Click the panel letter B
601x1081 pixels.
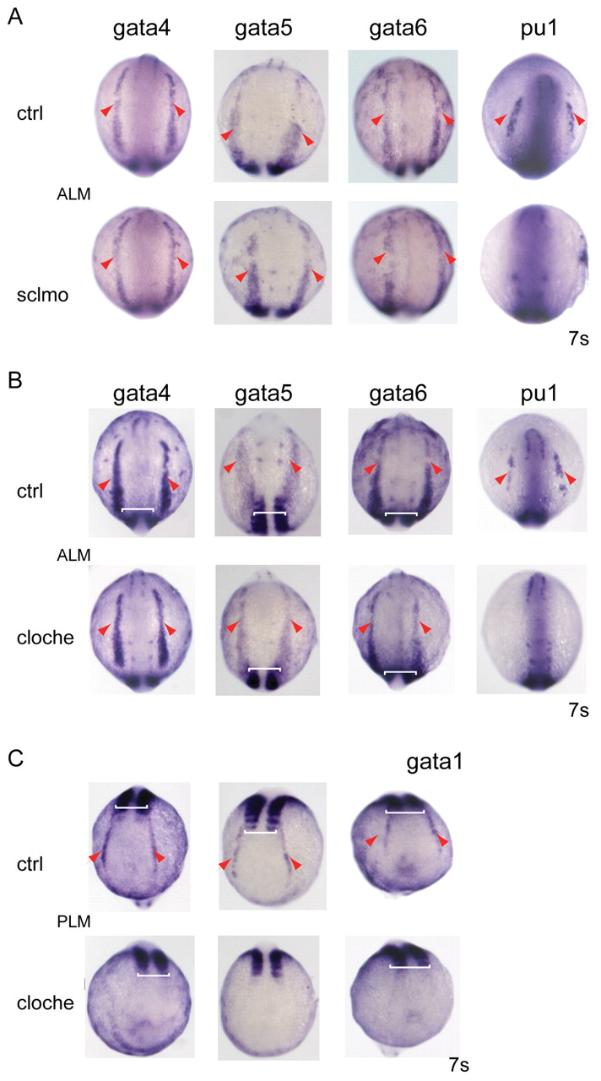tap(15, 380)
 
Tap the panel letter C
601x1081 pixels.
tap(16, 758)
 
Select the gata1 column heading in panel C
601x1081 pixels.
tap(434, 762)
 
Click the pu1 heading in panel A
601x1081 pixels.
tap(539, 29)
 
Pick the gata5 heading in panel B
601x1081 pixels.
tap(263, 394)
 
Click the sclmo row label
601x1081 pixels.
tap(42, 295)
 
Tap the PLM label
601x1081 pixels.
tap(73, 921)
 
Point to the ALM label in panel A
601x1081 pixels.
tap(73, 194)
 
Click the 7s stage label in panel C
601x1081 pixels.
tap(458, 1065)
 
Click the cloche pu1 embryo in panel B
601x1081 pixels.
tap(532, 630)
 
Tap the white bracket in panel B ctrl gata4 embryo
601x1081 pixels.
tap(138, 509)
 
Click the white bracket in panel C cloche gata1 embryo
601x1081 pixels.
tap(409, 967)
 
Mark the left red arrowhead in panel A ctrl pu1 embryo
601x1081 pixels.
tap(501, 119)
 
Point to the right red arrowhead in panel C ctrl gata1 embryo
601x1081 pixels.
tap(442, 842)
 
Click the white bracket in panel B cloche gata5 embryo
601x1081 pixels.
tap(264, 670)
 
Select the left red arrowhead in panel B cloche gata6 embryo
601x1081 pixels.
tap(364, 627)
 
